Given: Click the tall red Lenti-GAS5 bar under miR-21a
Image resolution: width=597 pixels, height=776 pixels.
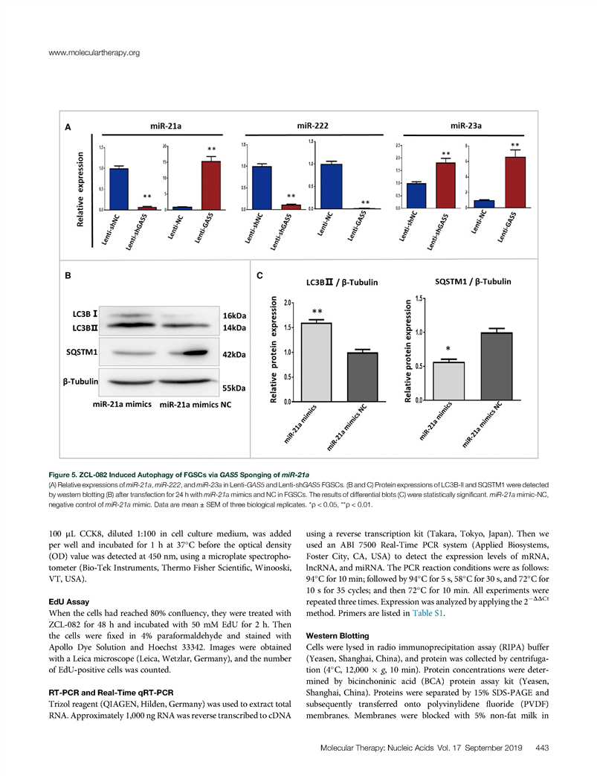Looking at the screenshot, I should coord(211,184).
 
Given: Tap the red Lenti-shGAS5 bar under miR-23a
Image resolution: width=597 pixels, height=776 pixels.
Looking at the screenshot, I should coord(445,185).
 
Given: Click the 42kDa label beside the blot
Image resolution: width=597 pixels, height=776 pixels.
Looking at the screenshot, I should coord(236,356).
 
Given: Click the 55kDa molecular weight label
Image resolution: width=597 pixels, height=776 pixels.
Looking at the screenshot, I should coord(236,388).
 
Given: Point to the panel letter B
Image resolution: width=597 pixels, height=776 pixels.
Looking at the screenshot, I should coord(68,276).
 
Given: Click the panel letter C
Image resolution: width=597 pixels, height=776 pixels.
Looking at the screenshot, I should coord(259,276).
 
